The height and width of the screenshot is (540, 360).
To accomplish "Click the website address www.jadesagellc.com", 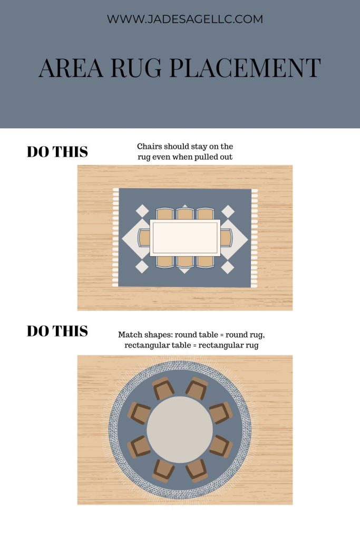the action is (185, 19).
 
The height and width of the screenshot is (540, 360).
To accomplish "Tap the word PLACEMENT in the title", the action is (245, 68).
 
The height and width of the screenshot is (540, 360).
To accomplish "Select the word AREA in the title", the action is (71, 68).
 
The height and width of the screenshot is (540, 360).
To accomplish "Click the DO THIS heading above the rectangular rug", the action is (57, 152).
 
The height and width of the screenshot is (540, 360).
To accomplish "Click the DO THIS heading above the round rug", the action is (57, 331).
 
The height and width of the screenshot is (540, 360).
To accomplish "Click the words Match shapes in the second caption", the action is (145, 335).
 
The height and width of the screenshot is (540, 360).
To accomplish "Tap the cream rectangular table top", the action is (185, 238).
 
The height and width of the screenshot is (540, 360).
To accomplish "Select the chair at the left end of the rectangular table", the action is (144, 238).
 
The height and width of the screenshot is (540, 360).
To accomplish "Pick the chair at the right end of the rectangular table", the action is (226, 238).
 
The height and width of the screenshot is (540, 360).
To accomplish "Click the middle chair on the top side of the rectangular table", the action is (185, 214).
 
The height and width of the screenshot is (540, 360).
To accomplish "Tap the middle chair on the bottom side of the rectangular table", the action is (185, 262).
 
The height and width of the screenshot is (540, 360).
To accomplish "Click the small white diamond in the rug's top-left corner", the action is (142, 211).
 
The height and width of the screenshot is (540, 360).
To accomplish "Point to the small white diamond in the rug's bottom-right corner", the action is (228, 267).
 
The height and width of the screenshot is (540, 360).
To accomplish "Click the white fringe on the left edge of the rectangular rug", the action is (115, 238).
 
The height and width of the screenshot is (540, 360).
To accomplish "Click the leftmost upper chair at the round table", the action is (139, 413).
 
